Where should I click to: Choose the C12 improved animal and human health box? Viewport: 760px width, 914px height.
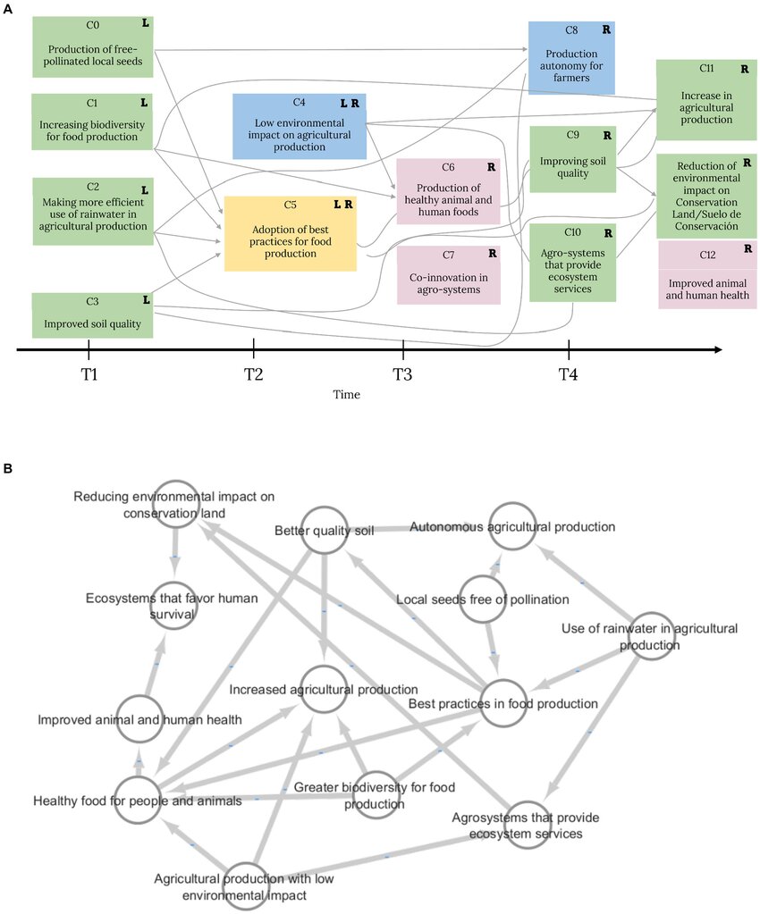tap(707, 275)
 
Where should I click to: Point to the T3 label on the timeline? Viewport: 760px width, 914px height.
tap(403, 374)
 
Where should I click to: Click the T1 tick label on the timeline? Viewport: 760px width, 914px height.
tap(89, 374)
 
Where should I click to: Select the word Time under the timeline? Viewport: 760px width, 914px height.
tap(347, 395)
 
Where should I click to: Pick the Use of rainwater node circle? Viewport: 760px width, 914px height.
tap(653, 637)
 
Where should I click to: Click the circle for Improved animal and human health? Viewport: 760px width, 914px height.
tap(139, 720)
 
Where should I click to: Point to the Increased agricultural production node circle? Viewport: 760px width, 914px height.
tap(324, 690)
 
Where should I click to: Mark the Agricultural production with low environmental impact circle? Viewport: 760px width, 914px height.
tap(246, 885)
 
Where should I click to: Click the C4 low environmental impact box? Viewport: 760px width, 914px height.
tap(300, 126)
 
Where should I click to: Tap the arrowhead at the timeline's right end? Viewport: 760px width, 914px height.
tap(717, 349)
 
